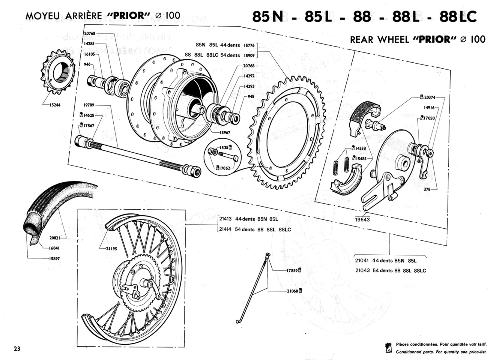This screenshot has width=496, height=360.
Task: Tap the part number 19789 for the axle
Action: (89, 105)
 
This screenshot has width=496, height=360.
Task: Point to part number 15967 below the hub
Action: (225, 132)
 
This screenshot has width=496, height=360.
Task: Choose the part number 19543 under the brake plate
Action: (363, 220)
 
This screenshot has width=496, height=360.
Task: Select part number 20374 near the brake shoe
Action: (430, 97)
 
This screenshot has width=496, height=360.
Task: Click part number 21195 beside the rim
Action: (111, 249)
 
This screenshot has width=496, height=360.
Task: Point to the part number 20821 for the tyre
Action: (55, 238)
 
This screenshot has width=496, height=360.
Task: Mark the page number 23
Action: (17, 349)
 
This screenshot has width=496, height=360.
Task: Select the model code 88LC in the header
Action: (458, 16)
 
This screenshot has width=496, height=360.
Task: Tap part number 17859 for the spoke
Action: (292, 271)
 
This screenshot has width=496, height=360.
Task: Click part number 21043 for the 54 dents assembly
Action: (362, 270)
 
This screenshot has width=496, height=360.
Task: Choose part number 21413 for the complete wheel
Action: (225, 219)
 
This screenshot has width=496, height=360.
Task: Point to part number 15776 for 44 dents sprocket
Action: (249, 45)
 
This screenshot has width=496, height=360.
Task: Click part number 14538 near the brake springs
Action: (360, 148)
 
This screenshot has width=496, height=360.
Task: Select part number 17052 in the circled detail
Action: (225, 168)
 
